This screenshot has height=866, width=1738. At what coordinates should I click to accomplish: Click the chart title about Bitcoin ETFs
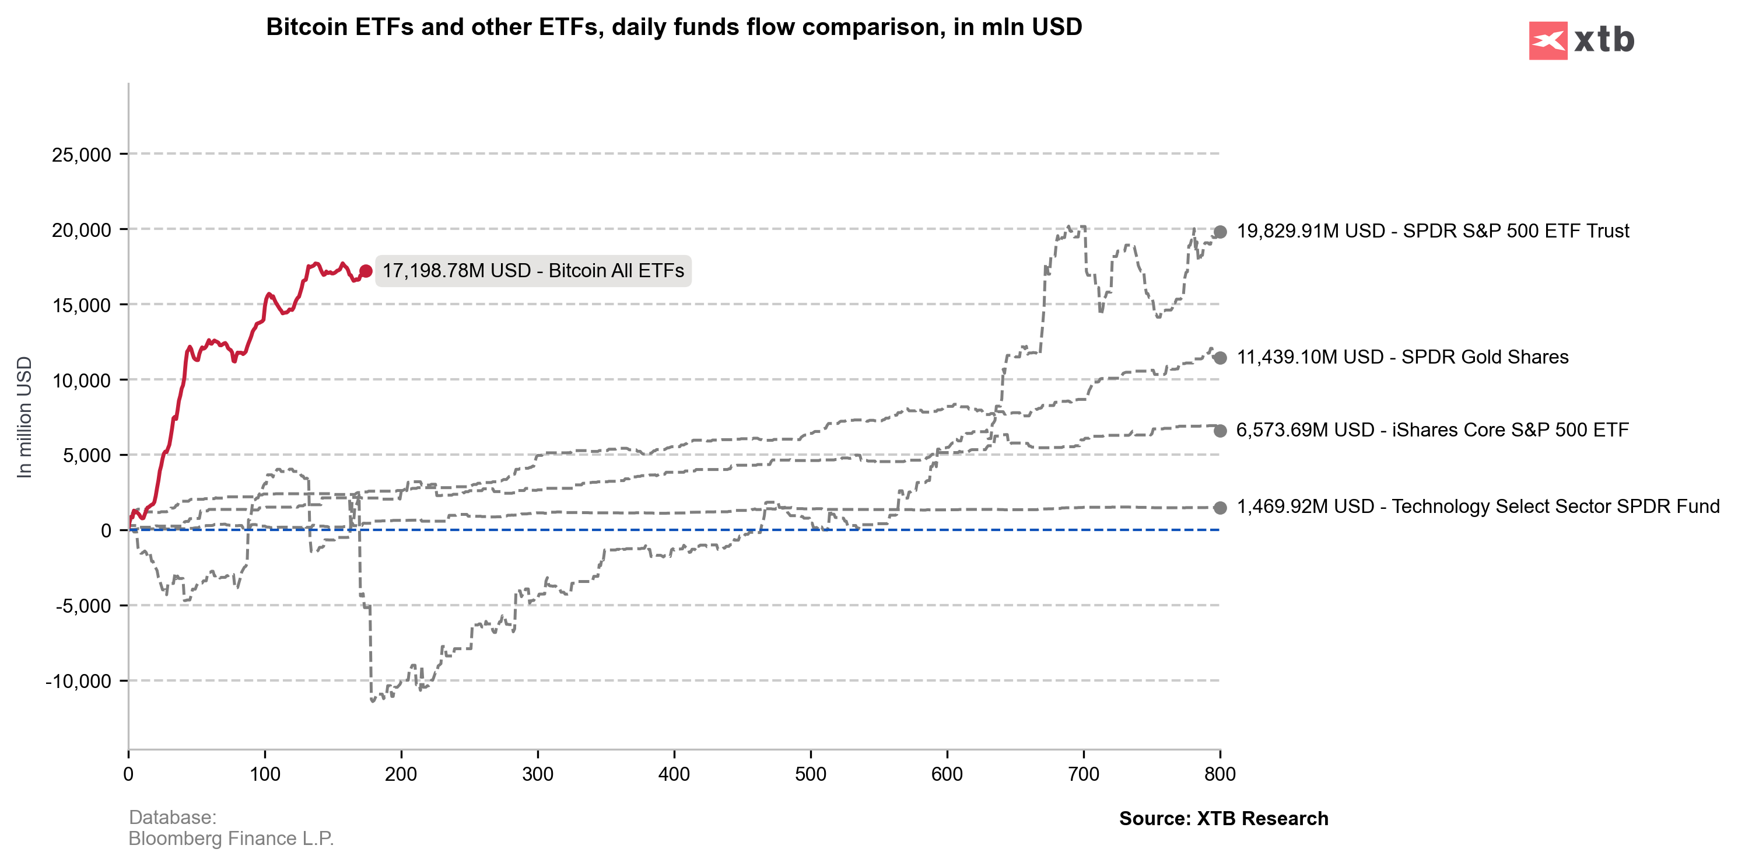pyautogui.click(x=674, y=27)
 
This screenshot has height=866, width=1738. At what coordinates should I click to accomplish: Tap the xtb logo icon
pyautogui.click(x=1548, y=40)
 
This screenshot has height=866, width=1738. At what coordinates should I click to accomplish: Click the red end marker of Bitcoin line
pyautogui.click(x=366, y=271)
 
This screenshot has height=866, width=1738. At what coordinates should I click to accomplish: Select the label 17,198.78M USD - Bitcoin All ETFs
pyautogui.click(x=533, y=271)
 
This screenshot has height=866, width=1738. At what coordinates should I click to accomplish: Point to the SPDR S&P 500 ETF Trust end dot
pyautogui.click(x=1220, y=232)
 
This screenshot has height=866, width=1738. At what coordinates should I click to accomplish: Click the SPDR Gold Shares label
pyautogui.click(x=1402, y=357)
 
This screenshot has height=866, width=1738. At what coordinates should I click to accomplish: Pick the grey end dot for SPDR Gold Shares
pyautogui.click(x=1220, y=358)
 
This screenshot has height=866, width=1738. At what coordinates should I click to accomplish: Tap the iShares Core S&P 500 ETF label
pyautogui.click(x=1432, y=430)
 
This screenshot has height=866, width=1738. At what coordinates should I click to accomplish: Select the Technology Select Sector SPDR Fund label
pyautogui.click(x=1477, y=506)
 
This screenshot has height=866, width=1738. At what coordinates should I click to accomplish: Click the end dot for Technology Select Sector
pyautogui.click(x=1220, y=508)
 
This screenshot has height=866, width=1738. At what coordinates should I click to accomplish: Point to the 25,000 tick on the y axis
pyautogui.click(x=81, y=155)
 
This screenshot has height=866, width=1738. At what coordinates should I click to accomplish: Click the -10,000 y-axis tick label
pyautogui.click(x=78, y=681)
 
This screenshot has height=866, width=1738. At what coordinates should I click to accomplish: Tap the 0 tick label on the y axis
pyautogui.click(x=106, y=530)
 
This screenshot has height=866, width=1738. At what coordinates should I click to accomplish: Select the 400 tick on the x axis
pyautogui.click(x=674, y=774)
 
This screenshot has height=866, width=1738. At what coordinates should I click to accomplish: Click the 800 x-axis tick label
pyautogui.click(x=1220, y=774)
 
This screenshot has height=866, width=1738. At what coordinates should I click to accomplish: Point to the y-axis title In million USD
pyautogui.click(x=24, y=417)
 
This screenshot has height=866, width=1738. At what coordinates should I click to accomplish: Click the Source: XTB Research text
pyautogui.click(x=1223, y=819)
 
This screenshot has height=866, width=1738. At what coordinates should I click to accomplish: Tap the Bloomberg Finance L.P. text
pyautogui.click(x=231, y=839)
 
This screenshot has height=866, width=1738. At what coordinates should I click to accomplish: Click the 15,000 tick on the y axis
pyautogui.click(x=81, y=305)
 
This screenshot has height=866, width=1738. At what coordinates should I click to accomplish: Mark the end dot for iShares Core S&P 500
pyautogui.click(x=1220, y=431)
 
